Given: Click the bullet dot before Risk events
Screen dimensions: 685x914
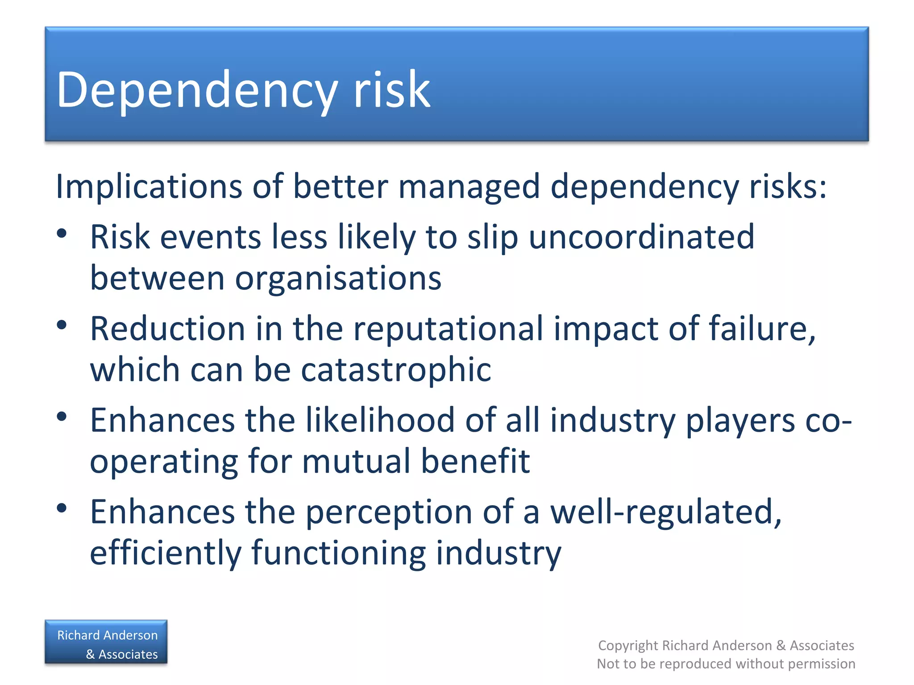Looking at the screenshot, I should coord(62,233).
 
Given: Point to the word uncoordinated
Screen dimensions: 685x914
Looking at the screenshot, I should coord(641,237).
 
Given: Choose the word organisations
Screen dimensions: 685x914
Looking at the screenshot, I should coord(338,279).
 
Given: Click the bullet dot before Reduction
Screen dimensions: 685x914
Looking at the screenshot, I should coord(62,325).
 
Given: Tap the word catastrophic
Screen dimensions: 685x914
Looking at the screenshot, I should coord(396,370).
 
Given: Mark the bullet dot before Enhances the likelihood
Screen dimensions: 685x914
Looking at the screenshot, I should coord(62,417).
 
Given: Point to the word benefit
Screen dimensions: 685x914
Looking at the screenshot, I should coord(475,461).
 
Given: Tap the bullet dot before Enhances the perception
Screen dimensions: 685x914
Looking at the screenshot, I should coord(62,508).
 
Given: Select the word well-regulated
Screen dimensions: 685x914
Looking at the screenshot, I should coord(665,512).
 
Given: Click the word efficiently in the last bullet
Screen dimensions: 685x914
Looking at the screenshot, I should coord(166,553).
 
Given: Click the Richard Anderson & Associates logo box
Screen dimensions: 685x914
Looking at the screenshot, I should coord(106,642).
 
